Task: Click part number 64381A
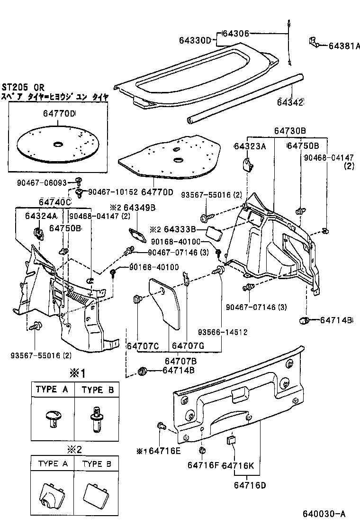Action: [x=342, y=46]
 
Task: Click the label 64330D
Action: [x=195, y=41]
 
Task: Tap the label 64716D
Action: [x=250, y=485]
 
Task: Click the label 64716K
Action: [x=239, y=465]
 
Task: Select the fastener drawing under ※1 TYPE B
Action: [x=96, y=418]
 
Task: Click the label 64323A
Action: [x=250, y=146]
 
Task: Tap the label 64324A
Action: [x=41, y=216]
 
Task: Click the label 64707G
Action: [x=188, y=346]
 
